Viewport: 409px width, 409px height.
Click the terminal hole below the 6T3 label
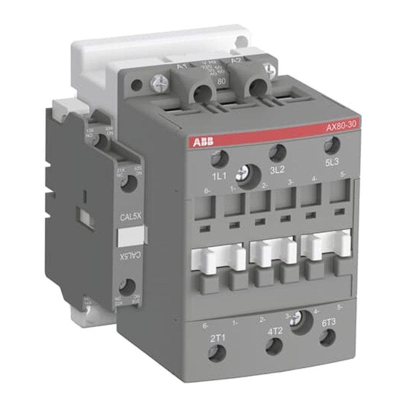click(328, 337)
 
